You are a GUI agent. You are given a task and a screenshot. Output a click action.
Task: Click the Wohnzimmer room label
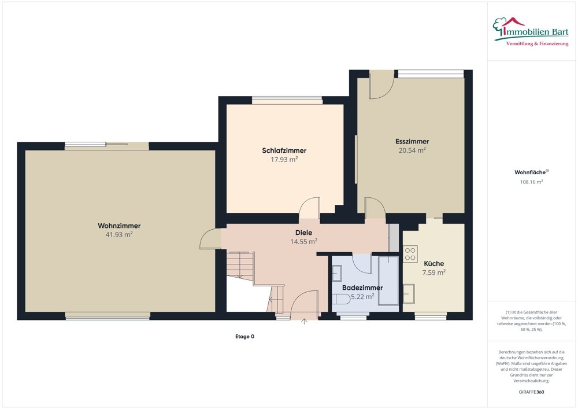pos(119,226)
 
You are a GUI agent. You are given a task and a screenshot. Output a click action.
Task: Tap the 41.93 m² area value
pos(119,234)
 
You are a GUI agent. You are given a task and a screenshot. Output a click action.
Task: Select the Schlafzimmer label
pos(284,150)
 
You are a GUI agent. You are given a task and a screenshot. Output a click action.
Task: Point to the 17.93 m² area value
pos(284,159)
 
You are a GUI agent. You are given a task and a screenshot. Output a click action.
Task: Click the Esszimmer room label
pos(412,141)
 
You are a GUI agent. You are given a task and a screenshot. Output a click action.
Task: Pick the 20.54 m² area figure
pos(412,150)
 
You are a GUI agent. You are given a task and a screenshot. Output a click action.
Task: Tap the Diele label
pos(303,233)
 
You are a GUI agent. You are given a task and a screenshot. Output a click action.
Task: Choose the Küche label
pos(433,263)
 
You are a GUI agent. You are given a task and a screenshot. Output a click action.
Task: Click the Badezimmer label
pos(362,288)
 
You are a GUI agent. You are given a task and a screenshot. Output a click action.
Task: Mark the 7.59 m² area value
pos(433,272)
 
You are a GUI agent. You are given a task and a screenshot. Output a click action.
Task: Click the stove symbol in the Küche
pos(410,254)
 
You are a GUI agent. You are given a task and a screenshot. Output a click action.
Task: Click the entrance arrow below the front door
pos(305,323)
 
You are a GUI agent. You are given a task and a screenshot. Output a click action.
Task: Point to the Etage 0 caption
pos(244,336)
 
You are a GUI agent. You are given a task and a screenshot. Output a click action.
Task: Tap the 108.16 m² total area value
pos(531,182)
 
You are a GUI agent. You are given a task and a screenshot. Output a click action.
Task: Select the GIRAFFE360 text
pos(531,392)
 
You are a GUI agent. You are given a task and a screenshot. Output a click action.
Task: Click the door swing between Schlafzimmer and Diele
pos(310,207)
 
